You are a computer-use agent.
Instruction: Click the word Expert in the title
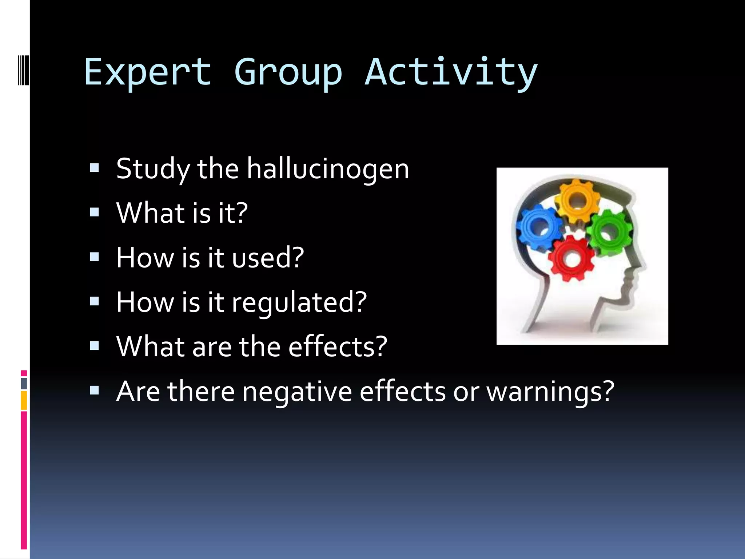click(x=148, y=72)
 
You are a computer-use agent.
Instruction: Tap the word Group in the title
click(x=288, y=72)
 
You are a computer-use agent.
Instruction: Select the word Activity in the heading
click(x=451, y=72)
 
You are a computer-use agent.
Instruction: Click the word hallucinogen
click(x=328, y=169)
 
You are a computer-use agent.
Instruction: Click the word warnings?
click(x=550, y=392)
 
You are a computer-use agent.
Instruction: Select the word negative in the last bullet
click(x=297, y=392)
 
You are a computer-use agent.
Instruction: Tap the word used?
click(x=268, y=258)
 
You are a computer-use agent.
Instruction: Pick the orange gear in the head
click(x=577, y=200)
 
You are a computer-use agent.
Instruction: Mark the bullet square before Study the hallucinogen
click(x=94, y=168)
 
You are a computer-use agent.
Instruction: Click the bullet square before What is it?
click(x=94, y=212)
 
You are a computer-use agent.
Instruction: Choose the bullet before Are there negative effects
click(x=94, y=390)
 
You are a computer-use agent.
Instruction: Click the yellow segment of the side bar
click(x=24, y=400)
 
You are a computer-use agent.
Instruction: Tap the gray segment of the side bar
click(x=24, y=383)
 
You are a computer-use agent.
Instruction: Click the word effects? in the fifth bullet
click(x=338, y=347)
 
